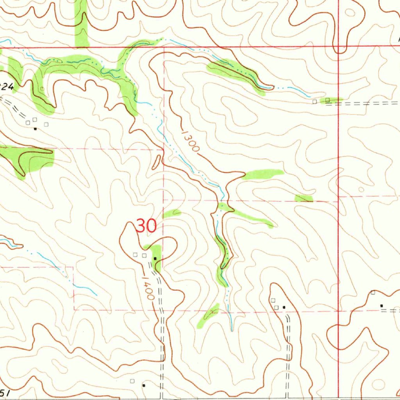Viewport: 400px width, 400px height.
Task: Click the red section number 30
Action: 146,226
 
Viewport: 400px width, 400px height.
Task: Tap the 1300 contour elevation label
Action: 190,141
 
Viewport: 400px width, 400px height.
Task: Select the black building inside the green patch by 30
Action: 155,259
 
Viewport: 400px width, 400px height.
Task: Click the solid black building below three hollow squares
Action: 35,128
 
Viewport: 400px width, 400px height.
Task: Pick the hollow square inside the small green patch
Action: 328,100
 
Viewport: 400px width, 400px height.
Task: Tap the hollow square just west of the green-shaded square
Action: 315,102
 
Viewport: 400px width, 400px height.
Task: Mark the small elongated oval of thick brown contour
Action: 157,162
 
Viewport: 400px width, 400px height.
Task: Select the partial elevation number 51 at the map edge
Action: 5,392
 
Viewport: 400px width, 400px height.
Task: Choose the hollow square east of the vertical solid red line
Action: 373,293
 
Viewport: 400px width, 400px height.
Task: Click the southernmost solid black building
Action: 144,385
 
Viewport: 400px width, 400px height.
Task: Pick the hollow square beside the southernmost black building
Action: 132,380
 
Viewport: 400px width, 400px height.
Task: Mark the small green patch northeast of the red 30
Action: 172,213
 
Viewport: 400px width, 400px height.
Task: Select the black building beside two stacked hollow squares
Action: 284,307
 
